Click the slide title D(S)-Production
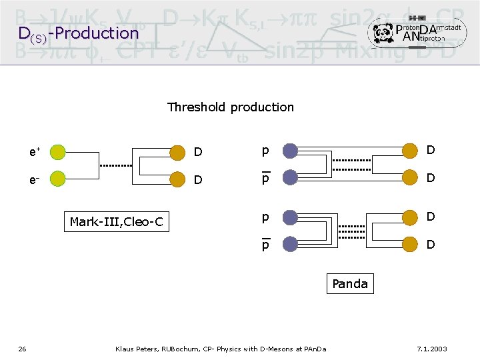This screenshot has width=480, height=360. [78, 33]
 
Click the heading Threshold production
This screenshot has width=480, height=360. [230, 107]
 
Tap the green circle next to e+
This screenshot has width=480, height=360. [58, 152]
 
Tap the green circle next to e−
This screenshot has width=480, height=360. [58, 179]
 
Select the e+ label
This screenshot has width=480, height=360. [33, 152]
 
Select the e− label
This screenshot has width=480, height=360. [33, 179]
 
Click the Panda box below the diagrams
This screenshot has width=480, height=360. [349, 284]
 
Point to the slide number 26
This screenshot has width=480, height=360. [22, 349]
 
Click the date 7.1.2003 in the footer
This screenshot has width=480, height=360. [431, 349]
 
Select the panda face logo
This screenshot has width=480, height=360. [383, 32]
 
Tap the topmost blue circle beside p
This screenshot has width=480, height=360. [289, 151]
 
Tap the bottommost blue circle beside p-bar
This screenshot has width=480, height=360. [289, 245]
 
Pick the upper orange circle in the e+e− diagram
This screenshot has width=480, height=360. [177, 153]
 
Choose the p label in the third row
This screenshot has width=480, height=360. [265, 217]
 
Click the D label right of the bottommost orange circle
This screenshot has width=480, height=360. [431, 245]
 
